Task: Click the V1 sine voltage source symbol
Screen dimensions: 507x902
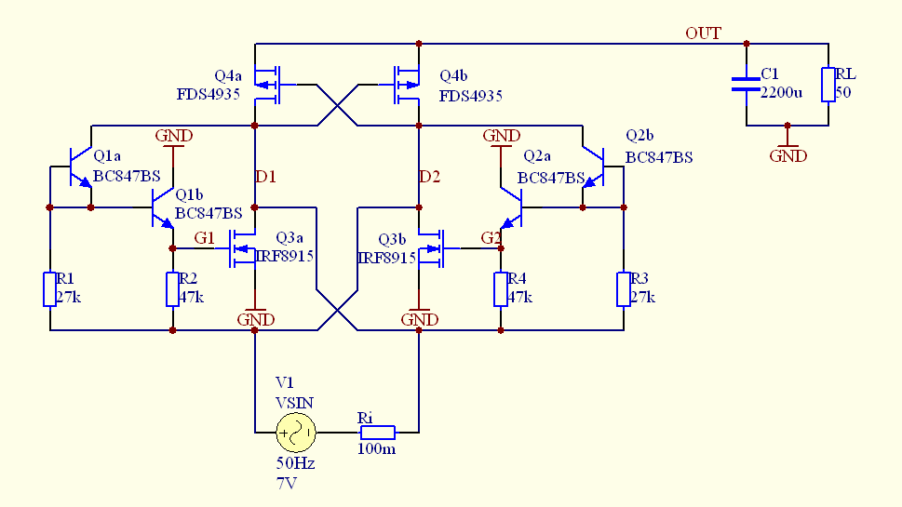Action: click(297, 432)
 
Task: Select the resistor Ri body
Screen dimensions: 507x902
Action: click(378, 432)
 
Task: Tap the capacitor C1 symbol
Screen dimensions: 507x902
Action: click(745, 84)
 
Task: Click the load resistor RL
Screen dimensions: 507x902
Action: click(828, 84)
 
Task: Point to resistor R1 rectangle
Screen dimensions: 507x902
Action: click(49, 288)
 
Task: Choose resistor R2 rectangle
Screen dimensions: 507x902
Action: click(173, 288)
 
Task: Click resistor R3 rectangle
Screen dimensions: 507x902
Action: click(623, 288)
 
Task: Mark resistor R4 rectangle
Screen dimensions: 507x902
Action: click(501, 288)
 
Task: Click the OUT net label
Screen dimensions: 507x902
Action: click(703, 33)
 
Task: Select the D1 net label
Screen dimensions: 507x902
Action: click(265, 176)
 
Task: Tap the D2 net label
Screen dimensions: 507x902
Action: click(429, 176)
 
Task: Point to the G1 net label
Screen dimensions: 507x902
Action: click(204, 238)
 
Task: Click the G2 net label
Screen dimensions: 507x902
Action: click(491, 238)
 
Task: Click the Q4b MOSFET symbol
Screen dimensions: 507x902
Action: click(406, 84)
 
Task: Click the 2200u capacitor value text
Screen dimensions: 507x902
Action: click(781, 92)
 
